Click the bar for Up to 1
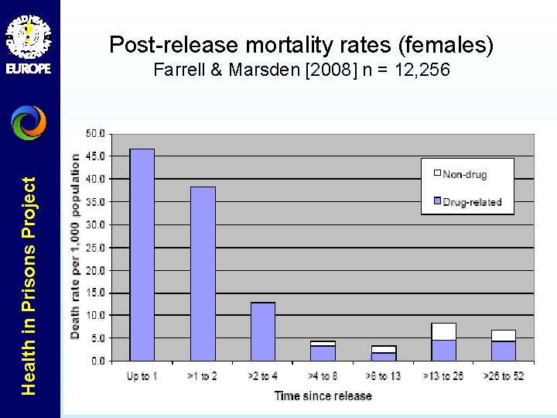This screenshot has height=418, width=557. pos(142,255)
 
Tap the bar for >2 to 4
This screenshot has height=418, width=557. pos(262,331)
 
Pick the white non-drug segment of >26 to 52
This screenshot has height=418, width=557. pos(503,335)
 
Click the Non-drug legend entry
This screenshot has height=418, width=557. pos(464,174)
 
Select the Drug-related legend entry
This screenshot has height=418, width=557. pos(471,202)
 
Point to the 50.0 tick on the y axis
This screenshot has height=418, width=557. pos(96,134)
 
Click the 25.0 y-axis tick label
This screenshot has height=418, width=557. pos(96,248)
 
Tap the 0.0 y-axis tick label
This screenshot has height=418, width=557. pos(98,361)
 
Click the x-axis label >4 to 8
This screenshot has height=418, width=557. pos(323,376)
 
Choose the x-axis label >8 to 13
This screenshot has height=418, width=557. pos(383,376)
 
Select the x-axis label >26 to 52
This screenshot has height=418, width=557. pos(504,376)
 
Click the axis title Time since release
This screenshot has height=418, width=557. pos(323,396)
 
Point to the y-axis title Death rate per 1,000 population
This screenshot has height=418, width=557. pos(76,245)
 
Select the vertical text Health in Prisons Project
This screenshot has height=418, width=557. pos(29,286)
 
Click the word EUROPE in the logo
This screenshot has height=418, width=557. pos(29,68)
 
